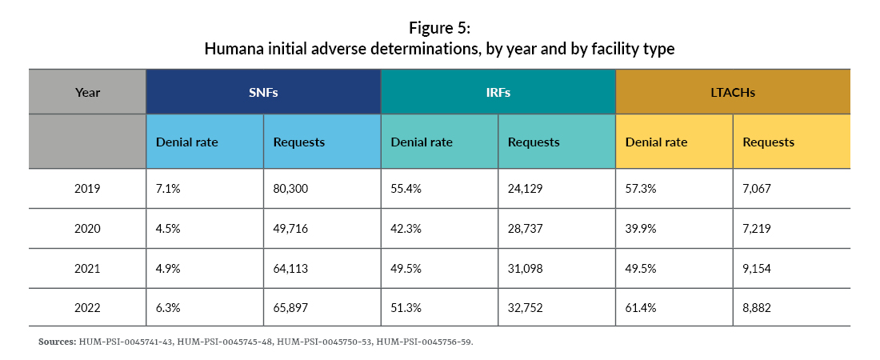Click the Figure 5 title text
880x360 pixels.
point(439,29)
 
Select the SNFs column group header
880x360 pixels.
point(262,92)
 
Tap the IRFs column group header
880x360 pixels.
point(498,92)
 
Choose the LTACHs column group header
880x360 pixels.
point(732,92)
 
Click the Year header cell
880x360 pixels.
point(87,92)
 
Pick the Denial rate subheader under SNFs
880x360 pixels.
point(186,142)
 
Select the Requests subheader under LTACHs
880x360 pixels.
point(768,142)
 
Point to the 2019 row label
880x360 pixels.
point(87,189)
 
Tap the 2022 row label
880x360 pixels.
point(87,307)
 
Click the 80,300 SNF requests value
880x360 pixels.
point(290,189)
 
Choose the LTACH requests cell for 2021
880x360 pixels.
point(758,268)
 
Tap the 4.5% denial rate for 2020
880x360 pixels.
point(169,229)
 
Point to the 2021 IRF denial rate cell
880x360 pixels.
point(406,268)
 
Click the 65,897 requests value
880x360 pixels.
point(290,307)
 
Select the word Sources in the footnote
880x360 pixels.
point(57,342)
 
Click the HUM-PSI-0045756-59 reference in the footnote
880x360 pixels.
point(424,342)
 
